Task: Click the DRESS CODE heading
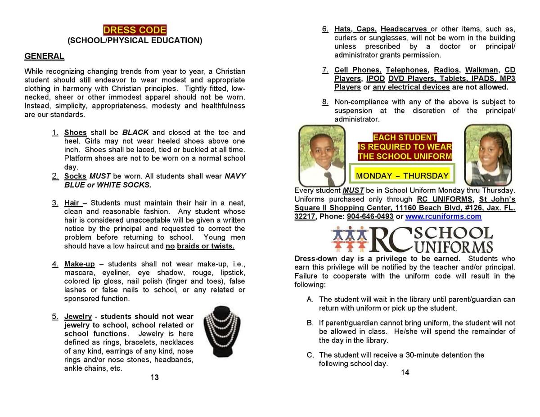click(x=135, y=30)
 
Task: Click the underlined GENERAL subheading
click(x=44, y=56)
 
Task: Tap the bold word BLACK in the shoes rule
click(x=135, y=132)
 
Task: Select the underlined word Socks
click(x=75, y=176)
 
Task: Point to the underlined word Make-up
click(x=79, y=264)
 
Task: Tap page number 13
click(x=154, y=377)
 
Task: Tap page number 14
click(x=405, y=372)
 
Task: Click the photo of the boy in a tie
click(x=322, y=154)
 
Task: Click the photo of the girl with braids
click(x=488, y=154)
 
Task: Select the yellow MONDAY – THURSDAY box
click(x=402, y=175)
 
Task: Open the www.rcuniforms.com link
click(x=443, y=216)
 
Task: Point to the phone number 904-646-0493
click(x=370, y=216)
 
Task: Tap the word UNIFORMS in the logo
click(x=454, y=247)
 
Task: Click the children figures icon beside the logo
click(x=349, y=239)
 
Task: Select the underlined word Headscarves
click(x=405, y=29)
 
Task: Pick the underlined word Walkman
click(x=481, y=70)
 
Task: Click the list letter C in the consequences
click(x=310, y=355)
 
